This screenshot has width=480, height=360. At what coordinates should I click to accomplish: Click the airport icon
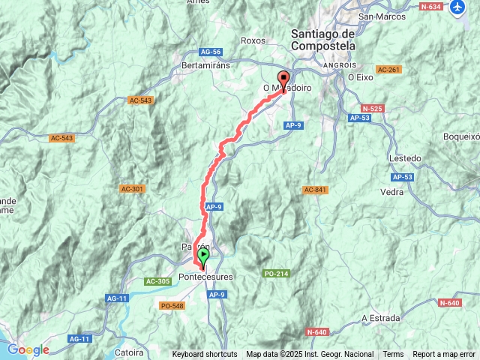[458, 7]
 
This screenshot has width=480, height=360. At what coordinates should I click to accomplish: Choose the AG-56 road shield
[211, 52]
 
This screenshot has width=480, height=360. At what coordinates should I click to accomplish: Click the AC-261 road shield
[388, 70]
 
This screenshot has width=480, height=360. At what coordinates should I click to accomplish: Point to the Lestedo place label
[405, 159]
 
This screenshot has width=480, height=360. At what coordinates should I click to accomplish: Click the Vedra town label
[392, 192]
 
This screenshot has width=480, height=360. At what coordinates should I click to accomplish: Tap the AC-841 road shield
[316, 190]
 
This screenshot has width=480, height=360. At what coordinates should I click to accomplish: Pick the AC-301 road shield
[132, 188]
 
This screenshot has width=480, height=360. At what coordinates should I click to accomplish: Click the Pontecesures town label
[206, 277]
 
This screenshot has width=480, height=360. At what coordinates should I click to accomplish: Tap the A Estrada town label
[380, 318]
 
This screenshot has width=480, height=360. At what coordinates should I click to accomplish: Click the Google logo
[28, 349]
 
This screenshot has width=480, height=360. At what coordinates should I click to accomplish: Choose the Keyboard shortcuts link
[205, 355]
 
